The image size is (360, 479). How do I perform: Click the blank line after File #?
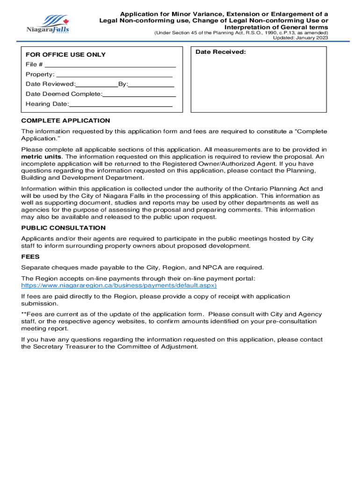point(110,66)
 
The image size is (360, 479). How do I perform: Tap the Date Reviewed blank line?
point(97,87)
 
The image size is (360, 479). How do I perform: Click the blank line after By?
point(151,87)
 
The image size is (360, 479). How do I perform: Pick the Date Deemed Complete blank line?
point(139,96)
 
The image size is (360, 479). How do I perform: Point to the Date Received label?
point(220,52)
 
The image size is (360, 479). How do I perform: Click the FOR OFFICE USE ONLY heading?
point(65,55)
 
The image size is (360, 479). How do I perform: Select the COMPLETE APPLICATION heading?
point(65,121)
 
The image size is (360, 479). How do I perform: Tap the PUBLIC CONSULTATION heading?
point(64,228)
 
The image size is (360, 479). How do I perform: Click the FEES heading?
point(30,257)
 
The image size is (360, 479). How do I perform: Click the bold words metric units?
point(41,157)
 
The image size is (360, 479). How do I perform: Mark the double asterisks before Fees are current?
point(24,314)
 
